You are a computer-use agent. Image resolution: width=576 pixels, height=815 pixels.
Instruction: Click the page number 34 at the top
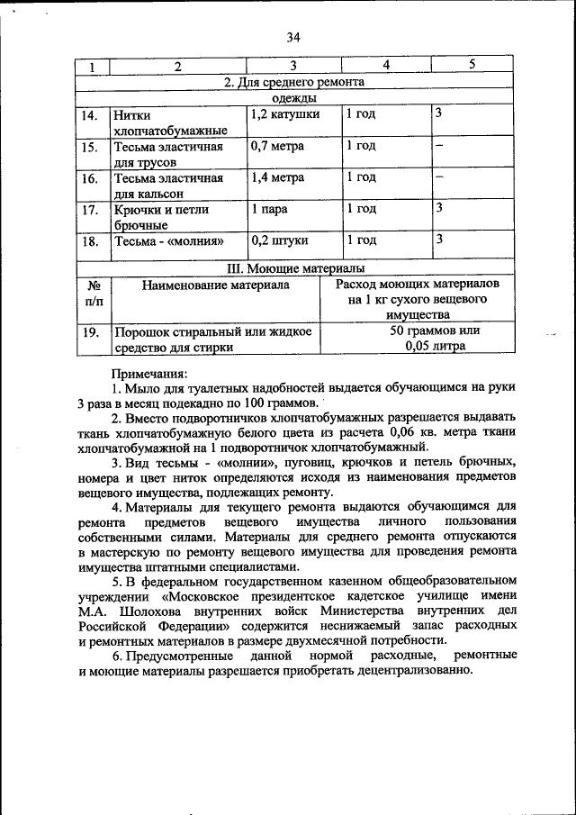pyautogui.click(x=292, y=37)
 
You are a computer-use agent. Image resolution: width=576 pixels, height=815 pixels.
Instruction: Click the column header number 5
pyautogui.click(x=472, y=66)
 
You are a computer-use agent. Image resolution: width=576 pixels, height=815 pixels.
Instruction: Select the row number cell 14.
pyautogui.click(x=89, y=116)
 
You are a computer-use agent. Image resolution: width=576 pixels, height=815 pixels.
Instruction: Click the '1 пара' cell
pyautogui.click(x=268, y=209)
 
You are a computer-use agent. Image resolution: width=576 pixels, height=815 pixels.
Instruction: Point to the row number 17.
pyautogui.click(x=89, y=211)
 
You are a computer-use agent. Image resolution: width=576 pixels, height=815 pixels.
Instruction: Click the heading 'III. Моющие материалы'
pyautogui.click(x=293, y=268)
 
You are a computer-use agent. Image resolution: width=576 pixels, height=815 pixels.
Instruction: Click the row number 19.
pyautogui.click(x=89, y=332)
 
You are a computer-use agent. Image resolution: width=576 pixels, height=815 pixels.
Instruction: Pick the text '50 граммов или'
pyautogui.click(x=435, y=331)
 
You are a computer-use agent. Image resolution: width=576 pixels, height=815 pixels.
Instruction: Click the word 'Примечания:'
pyautogui.click(x=148, y=373)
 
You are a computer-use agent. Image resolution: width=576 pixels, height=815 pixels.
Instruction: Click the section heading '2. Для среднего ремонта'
pyautogui.click(x=293, y=82)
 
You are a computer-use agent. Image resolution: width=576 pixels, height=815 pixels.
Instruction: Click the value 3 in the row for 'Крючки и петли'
pyautogui.click(x=438, y=209)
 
